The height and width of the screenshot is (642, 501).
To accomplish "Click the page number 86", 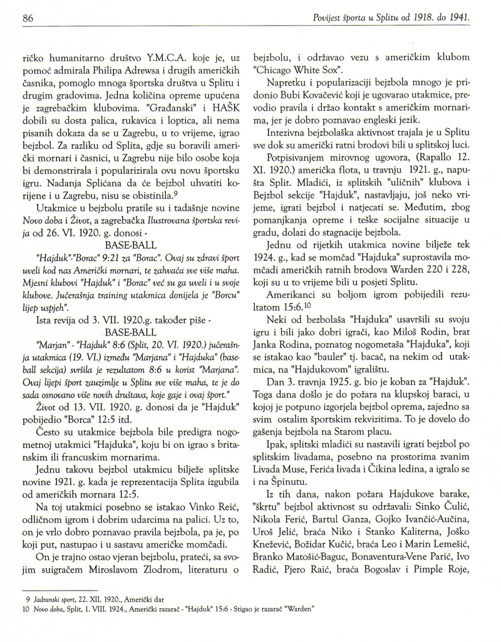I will point(27,18).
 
